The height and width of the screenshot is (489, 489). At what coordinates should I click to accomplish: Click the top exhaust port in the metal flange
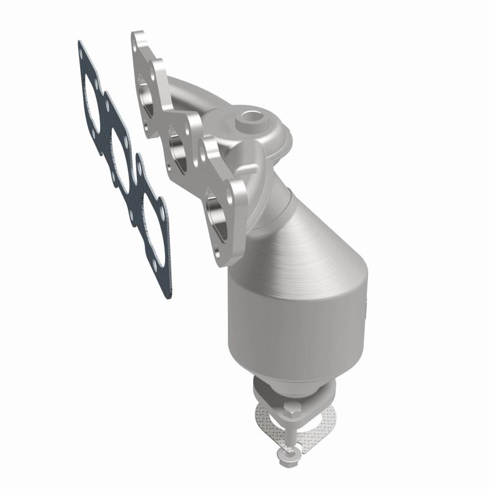pyautogui.click(x=146, y=88)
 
